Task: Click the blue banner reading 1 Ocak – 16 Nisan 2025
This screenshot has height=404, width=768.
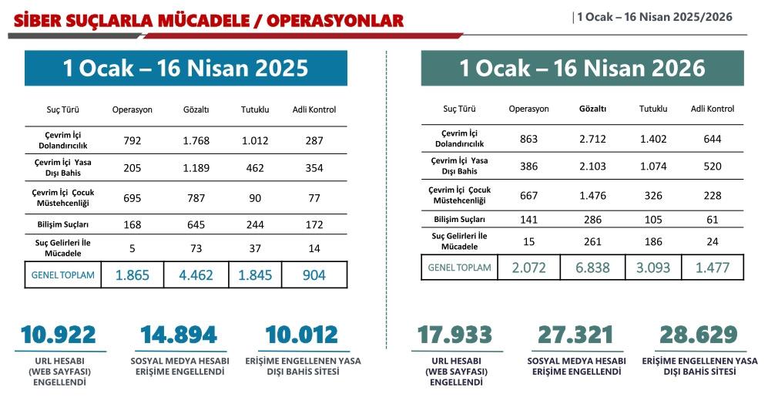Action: pos(186,68)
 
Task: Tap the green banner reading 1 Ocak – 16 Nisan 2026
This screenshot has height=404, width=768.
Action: pos(582,68)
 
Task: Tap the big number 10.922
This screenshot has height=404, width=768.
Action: pos(59,335)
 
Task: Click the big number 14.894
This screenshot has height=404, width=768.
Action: pos(179,335)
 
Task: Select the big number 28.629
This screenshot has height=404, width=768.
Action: pos(699,335)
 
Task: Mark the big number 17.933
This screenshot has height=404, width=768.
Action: pos(454,335)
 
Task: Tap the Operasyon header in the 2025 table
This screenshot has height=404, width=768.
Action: pos(132,109)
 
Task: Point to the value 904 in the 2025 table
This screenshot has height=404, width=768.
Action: pos(314,274)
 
